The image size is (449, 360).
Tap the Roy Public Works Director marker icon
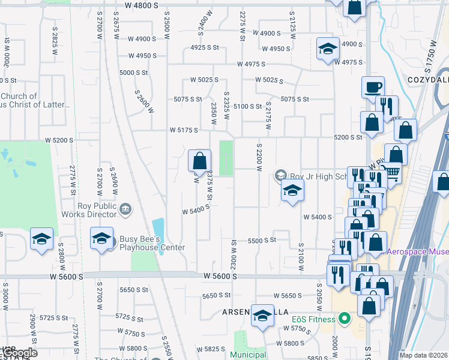125,209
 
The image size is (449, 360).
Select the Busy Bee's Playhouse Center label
152,242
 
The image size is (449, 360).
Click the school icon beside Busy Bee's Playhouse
101,238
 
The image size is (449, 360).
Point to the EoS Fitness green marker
344,317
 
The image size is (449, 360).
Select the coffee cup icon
373,87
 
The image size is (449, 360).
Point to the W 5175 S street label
184,130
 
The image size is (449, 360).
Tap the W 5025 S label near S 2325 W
204,80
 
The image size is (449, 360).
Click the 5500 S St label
261,240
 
